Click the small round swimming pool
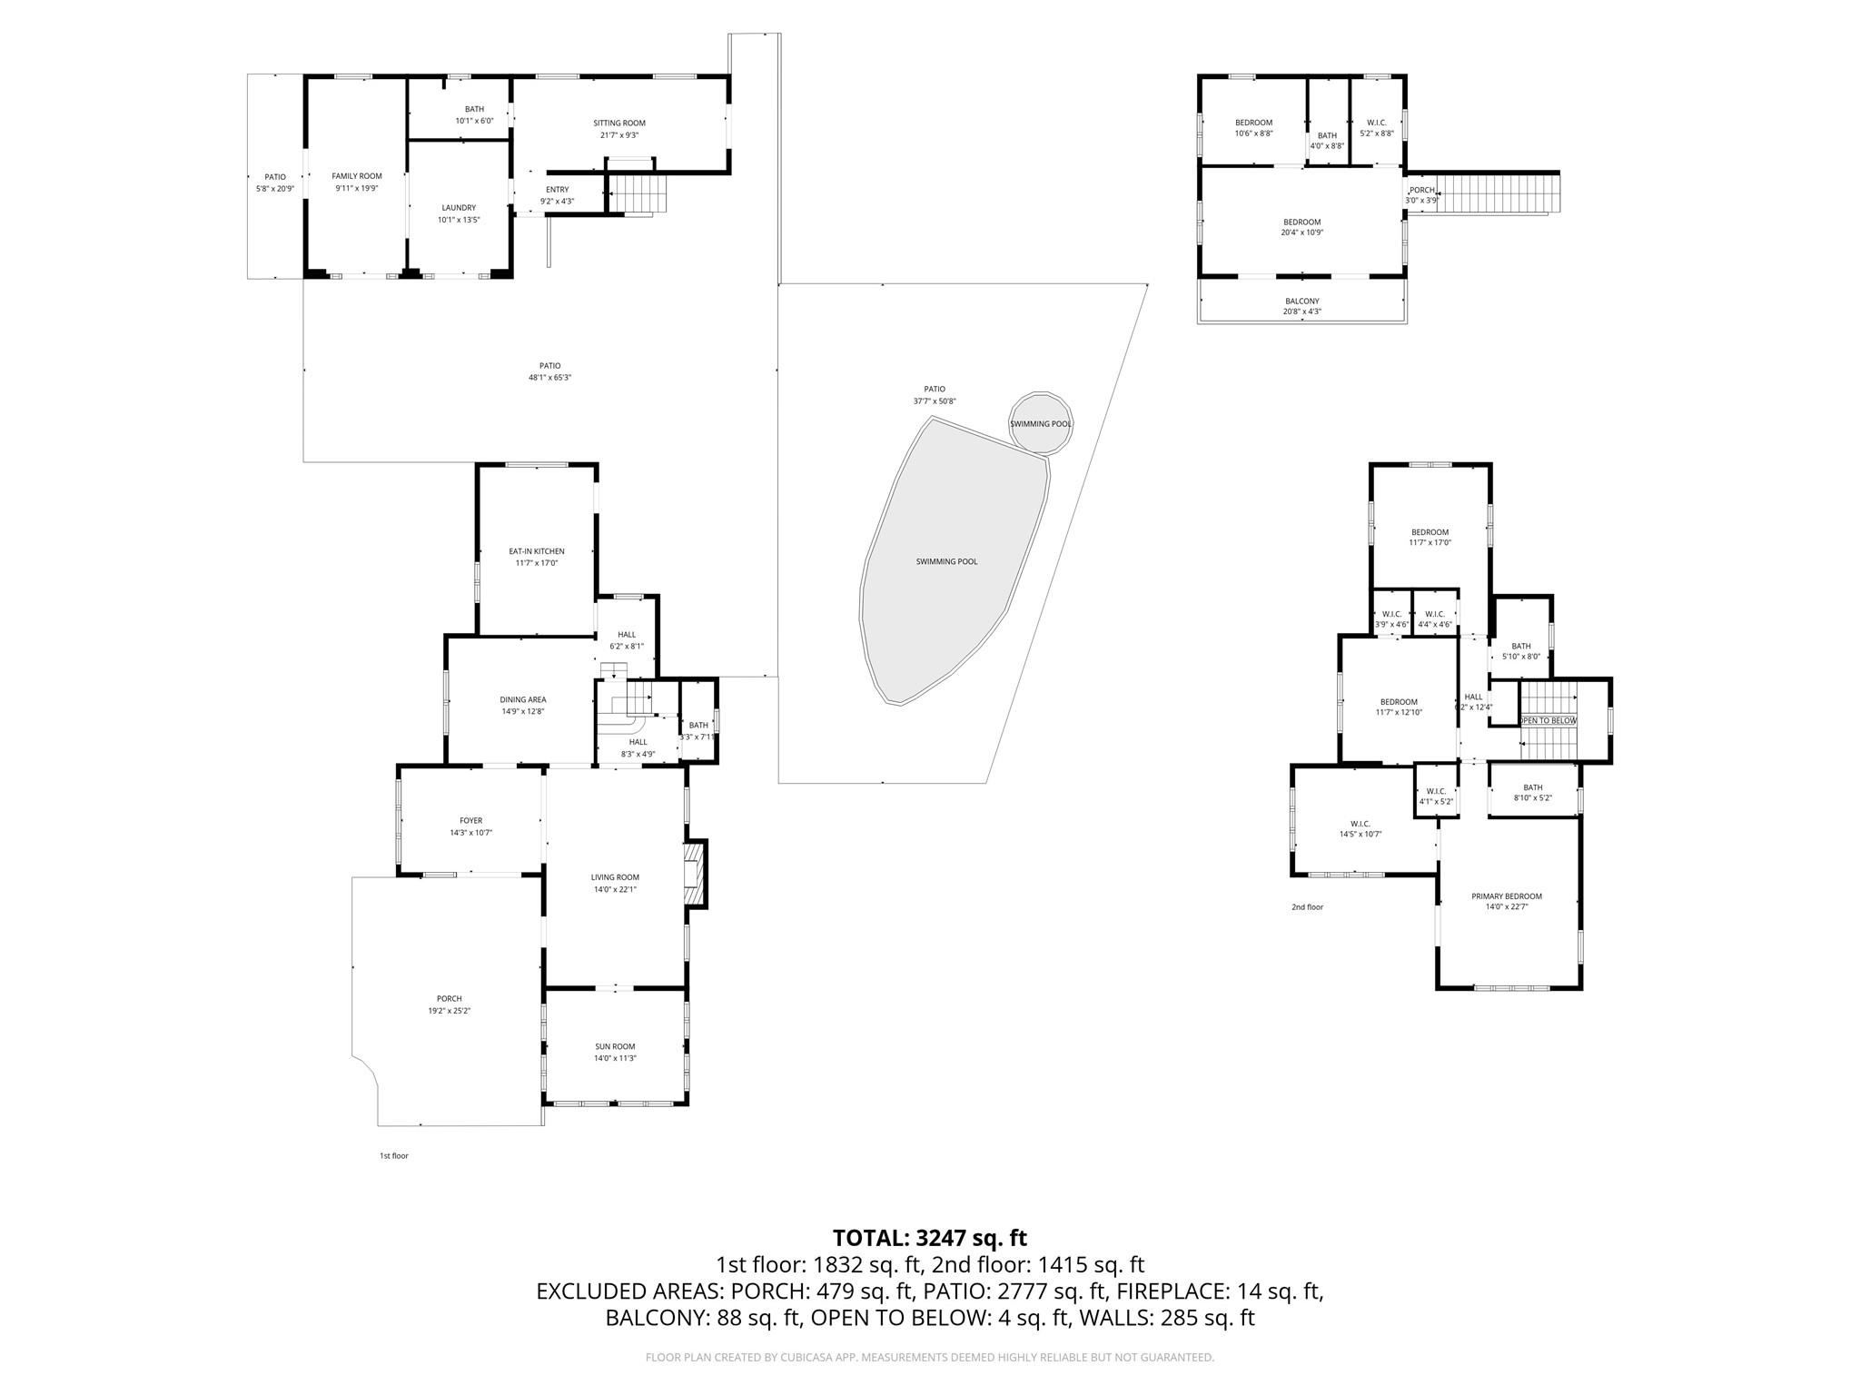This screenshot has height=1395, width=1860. [x=1041, y=423]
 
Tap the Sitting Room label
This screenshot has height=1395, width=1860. [x=619, y=124]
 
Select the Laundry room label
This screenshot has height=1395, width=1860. [x=459, y=208]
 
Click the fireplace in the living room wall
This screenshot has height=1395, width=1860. [x=695, y=875]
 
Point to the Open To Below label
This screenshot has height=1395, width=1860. [x=1549, y=720]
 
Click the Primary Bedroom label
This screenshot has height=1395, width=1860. [x=1507, y=896]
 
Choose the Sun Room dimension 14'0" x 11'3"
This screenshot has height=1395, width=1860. [x=615, y=1058]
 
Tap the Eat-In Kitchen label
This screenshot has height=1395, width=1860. [x=536, y=551]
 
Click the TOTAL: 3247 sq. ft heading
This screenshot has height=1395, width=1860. [x=929, y=1238]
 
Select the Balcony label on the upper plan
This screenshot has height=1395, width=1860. [x=1301, y=302]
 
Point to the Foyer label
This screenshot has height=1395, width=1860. [x=470, y=821]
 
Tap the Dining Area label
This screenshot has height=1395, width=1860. [x=523, y=700]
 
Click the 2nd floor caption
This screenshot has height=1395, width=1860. [x=1307, y=907]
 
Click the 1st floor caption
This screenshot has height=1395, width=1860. [x=393, y=1156]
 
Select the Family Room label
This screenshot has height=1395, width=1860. [x=356, y=176]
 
